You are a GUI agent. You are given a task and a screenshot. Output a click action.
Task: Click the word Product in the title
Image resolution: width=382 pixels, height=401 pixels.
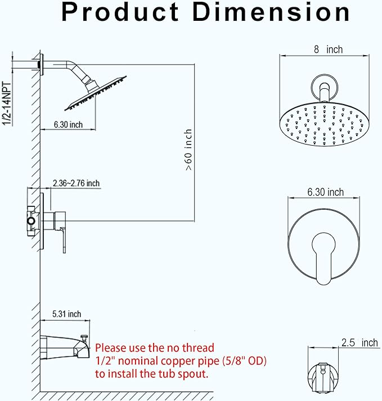[x=120, y=12]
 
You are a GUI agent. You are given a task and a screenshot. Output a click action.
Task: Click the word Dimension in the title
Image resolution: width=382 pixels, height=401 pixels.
[x=271, y=12]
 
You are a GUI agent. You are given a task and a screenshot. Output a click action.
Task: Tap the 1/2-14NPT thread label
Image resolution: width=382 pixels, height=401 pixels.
[x=7, y=103]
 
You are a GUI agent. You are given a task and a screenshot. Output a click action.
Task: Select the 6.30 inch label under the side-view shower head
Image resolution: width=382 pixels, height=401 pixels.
[x=68, y=124]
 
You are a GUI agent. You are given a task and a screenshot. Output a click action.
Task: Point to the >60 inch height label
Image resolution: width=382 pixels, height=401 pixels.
[x=188, y=150]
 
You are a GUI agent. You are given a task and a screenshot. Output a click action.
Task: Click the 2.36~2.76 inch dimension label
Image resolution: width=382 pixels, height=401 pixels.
[x=77, y=183]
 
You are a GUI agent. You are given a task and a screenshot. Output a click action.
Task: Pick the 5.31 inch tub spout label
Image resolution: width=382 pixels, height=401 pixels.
[x=67, y=314]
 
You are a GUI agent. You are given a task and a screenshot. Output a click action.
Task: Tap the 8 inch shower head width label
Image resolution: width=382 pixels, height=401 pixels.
[x=328, y=49]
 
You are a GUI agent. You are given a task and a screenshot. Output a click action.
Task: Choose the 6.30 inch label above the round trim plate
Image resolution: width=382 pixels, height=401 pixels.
[x=325, y=192]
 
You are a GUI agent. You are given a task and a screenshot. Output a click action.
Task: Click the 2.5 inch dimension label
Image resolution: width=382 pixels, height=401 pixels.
[x=359, y=343]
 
